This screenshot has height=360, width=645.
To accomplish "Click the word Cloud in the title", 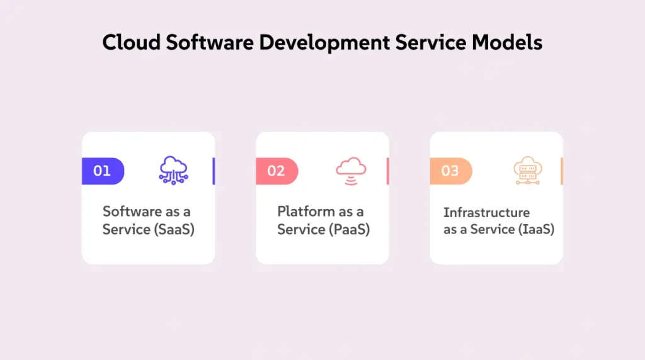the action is click(x=131, y=42).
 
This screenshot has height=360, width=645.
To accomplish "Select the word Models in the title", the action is click(x=507, y=42).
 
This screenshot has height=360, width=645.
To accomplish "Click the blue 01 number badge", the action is click(x=103, y=171).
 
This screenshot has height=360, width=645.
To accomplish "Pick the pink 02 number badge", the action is click(x=277, y=171).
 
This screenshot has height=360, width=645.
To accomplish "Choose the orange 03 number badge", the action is click(x=451, y=171).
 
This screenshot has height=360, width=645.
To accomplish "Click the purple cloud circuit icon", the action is click(x=174, y=170).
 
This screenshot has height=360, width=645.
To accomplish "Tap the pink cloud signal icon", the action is click(x=351, y=171).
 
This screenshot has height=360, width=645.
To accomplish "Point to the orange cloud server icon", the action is click(x=528, y=171).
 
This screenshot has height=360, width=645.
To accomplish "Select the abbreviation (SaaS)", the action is click(x=174, y=229).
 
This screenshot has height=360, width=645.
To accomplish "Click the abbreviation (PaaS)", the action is click(x=350, y=229).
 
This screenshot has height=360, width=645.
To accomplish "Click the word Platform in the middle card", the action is click(x=307, y=211).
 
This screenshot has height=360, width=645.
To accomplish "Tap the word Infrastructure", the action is click(x=487, y=213).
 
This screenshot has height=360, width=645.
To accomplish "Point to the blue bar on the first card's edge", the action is click(x=214, y=171).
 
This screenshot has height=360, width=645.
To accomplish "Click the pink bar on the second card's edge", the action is click(x=387, y=171).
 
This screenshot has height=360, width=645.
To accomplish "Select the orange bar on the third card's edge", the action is click(x=561, y=171).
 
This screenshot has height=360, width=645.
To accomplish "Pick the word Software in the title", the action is click(x=210, y=42).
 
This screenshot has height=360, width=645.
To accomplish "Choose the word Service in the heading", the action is click(x=431, y=42).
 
